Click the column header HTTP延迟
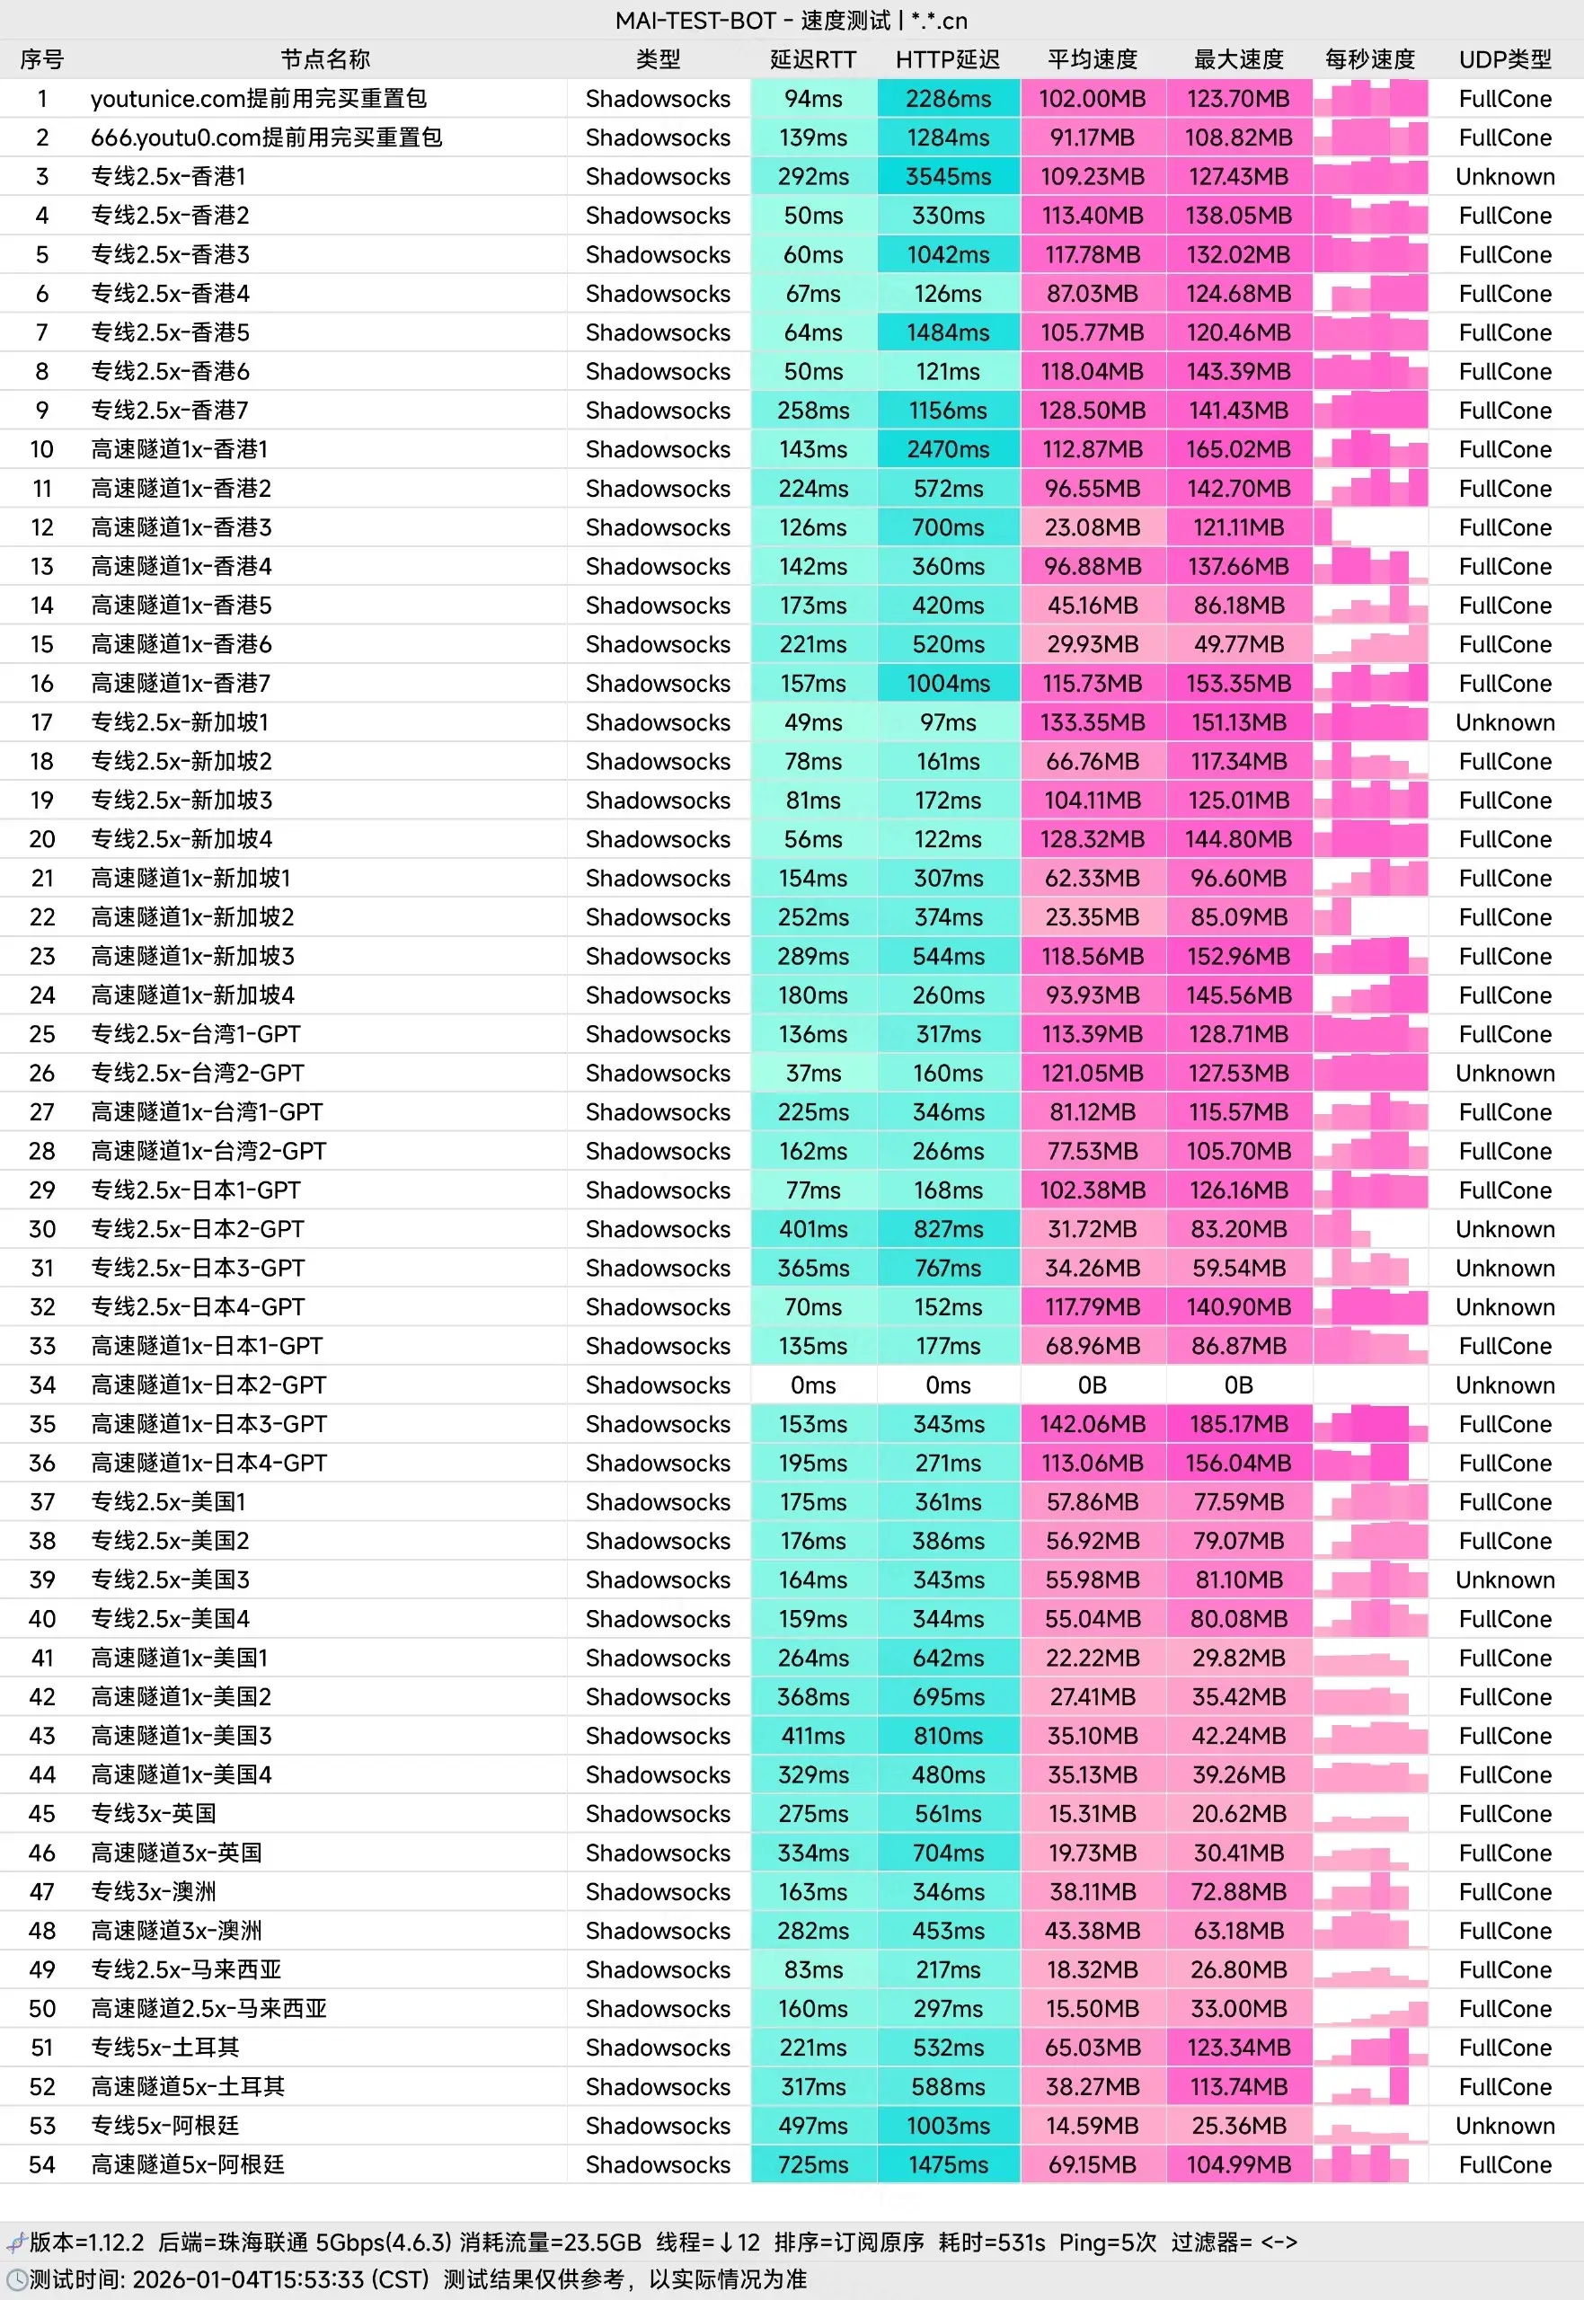948,59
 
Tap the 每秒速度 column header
1369,59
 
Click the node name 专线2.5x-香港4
170,294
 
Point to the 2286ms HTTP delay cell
948,99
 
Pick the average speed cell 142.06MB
1092,1424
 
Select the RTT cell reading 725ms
813,2164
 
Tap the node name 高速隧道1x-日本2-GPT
208,1385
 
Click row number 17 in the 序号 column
41,722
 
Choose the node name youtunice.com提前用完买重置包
258,99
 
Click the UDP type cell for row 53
1505,2126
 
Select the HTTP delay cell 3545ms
948,177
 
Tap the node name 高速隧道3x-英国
177,1853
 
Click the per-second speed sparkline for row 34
1369,1385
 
